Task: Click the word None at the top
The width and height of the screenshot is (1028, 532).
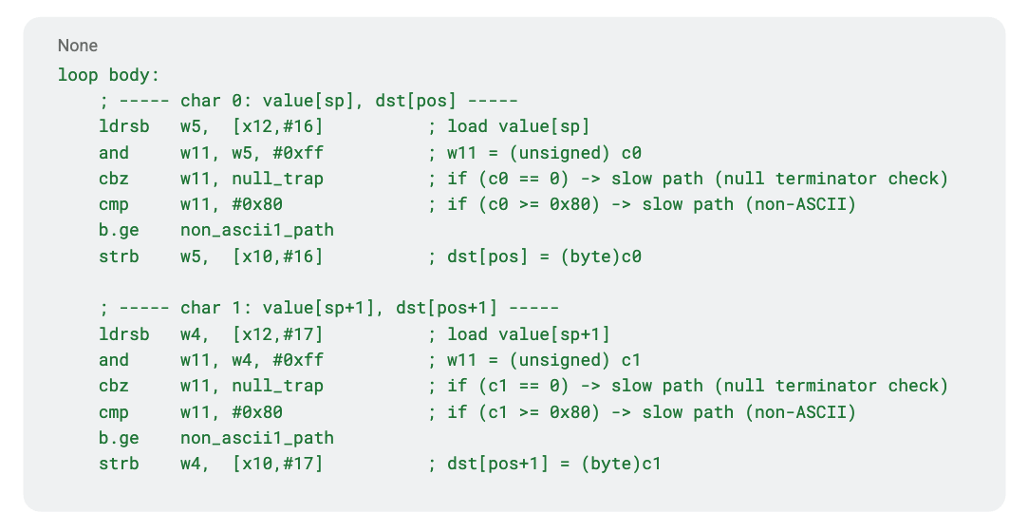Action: coord(77,46)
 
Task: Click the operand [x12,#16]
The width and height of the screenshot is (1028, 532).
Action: coord(277,126)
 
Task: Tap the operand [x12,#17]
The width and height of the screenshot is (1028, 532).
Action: coord(277,333)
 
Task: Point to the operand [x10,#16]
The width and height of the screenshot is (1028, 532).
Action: coord(277,256)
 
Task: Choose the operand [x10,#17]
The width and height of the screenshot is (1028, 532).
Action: coord(277,463)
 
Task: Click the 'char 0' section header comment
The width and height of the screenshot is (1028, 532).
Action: coord(308,101)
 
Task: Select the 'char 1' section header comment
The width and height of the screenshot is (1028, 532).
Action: coord(328,308)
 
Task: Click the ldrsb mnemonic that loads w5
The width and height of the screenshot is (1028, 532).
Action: coord(123,126)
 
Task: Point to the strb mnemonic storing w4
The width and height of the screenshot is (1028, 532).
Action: coord(119,463)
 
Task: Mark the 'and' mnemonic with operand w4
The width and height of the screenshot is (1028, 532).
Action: coord(114,359)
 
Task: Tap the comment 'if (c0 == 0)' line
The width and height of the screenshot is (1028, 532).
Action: coord(687,178)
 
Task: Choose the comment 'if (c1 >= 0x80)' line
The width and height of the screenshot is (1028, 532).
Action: coord(642,411)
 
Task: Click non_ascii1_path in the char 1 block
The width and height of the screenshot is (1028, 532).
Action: coord(256,437)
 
